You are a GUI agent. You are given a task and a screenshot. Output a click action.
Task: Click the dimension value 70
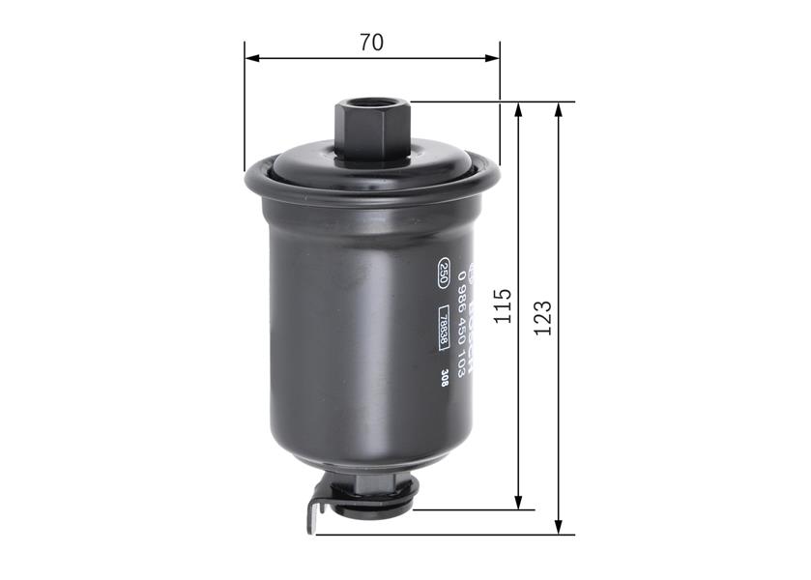tap(371, 43)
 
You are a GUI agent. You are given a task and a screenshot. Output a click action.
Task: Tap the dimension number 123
tap(543, 317)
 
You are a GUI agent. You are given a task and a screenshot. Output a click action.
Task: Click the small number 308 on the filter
tap(444, 379)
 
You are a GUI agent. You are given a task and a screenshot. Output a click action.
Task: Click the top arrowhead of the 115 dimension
tap(520, 109)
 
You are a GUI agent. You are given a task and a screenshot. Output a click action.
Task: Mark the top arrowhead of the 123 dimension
tap(559, 109)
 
